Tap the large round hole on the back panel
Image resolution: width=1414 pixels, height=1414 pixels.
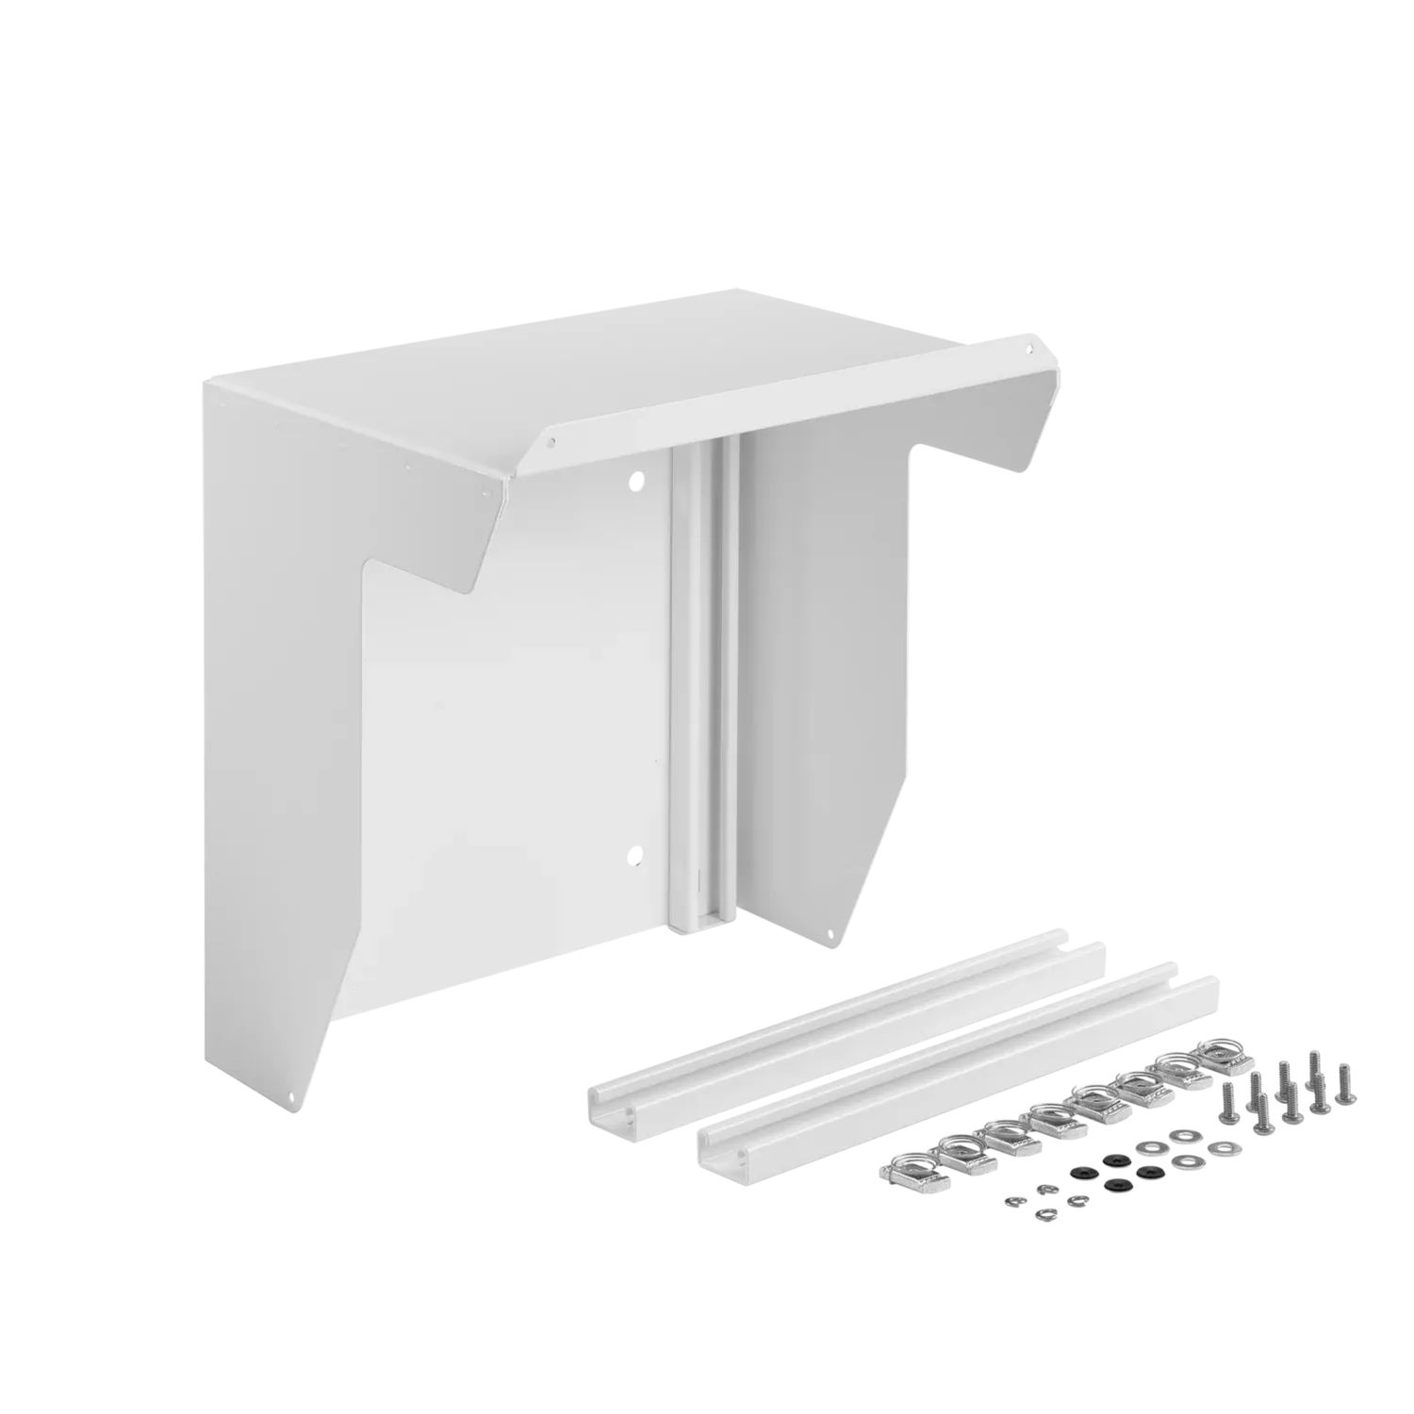[639, 481]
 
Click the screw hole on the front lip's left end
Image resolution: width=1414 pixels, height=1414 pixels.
[553, 439]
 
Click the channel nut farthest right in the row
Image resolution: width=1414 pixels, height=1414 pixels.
[1222, 1049]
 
